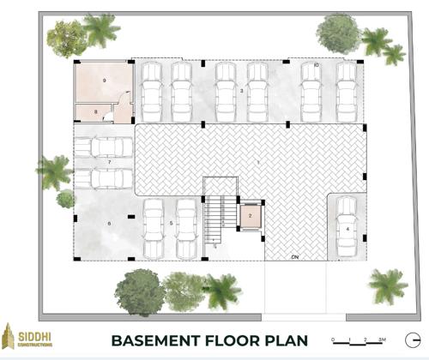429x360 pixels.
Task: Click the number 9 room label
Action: coord(104,80)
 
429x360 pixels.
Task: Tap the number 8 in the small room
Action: coord(96,112)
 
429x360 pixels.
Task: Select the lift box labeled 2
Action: coord(249,217)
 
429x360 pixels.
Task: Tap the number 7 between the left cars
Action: coord(110,162)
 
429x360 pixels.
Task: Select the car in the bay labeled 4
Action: coord(346,227)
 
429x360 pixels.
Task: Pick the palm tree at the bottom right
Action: coord(388,284)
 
